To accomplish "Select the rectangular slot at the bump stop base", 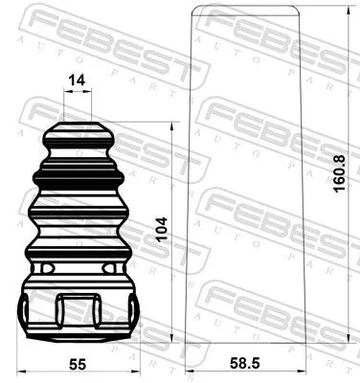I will (x=79, y=310).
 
